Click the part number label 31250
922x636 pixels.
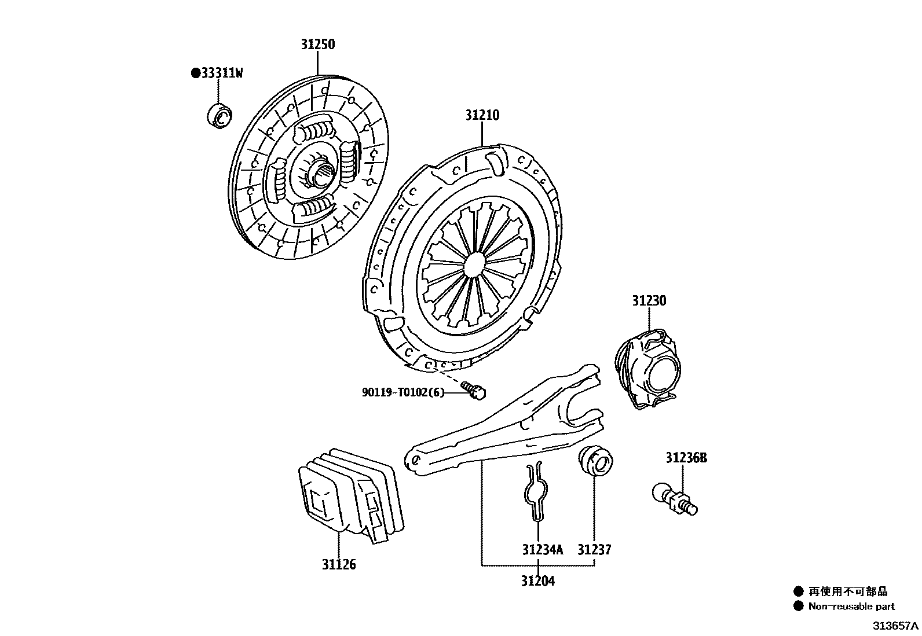(x=317, y=45)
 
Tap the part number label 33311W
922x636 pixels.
(x=217, y=73)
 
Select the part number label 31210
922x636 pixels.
(x=482, y=115)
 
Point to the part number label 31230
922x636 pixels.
(x=649, y=301)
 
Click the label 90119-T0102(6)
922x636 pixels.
(x=403, y=392)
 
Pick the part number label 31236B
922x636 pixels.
(x=686, y=458)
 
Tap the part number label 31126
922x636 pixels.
(x=339, y=564)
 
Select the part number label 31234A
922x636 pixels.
(x=542, y=550)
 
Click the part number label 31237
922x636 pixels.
(x=594, y=550)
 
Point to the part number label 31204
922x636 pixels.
(x=537, y=580)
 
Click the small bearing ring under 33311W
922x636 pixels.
(x=219, y=115)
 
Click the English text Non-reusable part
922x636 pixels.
(x=851, y=606)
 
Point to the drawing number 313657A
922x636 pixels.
(x=895, y=626)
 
